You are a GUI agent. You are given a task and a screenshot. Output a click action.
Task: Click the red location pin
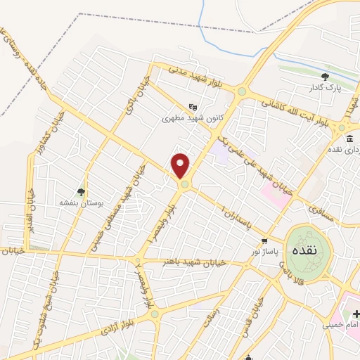tap(181, 165)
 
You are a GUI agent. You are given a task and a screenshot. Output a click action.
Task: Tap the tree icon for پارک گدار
tap(324, 77)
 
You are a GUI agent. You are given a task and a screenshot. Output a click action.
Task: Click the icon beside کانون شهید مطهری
tap(193, 107)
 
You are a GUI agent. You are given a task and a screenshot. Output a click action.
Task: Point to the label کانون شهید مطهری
tap(191, 118)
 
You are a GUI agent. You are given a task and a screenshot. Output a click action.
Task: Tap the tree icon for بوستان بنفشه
tap(81, 191)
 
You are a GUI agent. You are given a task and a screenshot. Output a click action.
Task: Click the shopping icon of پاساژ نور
tap(264, 240)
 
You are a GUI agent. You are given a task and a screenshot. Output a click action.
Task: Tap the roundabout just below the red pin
tap(184, 185)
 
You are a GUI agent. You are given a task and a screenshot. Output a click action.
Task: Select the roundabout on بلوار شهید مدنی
tap(242, 91)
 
